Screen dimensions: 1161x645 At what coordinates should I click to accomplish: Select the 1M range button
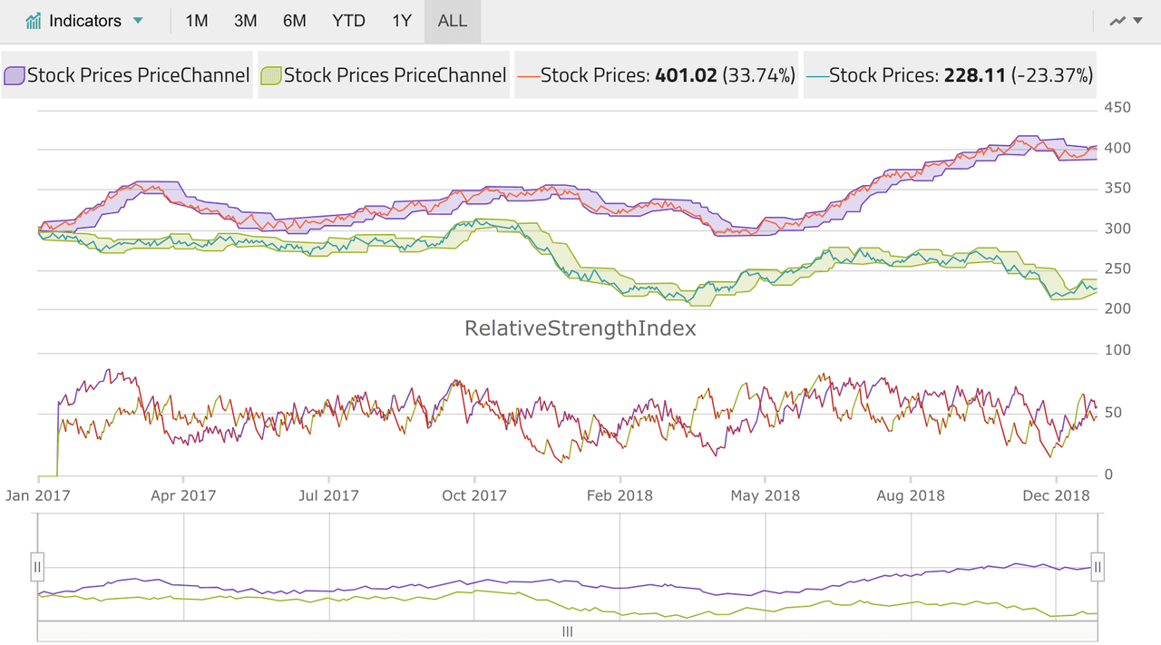point(197,21)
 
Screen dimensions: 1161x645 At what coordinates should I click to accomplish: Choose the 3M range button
point(245,21)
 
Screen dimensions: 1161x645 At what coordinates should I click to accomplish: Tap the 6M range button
point(295,21)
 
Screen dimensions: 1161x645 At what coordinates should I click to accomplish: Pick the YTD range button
point(348,21)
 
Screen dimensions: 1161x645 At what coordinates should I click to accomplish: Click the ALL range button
point(453,21)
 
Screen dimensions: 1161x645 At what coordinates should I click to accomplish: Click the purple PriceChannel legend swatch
point(14,75)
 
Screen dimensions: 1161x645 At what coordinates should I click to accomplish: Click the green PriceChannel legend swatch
point(270,75)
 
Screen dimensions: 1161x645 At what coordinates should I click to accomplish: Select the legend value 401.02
point(686,75)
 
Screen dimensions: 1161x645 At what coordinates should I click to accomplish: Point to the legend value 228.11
point(974,75)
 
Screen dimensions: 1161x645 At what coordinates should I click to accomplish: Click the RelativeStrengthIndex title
point(580,328)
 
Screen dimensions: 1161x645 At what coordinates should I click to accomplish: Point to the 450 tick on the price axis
point(1117,107)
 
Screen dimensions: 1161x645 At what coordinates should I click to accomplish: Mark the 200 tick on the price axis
point(1117,308)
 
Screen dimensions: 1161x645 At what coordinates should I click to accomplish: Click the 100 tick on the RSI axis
point(1117,350)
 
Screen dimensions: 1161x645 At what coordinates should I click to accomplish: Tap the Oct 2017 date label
point(474,495)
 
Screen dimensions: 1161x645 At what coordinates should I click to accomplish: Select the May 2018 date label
point(766,495)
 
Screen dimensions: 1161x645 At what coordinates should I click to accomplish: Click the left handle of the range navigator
point(37,567)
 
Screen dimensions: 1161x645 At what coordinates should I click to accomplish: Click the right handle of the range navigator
point(1098,567)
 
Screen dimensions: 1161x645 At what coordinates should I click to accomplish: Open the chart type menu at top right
point(1126,21)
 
